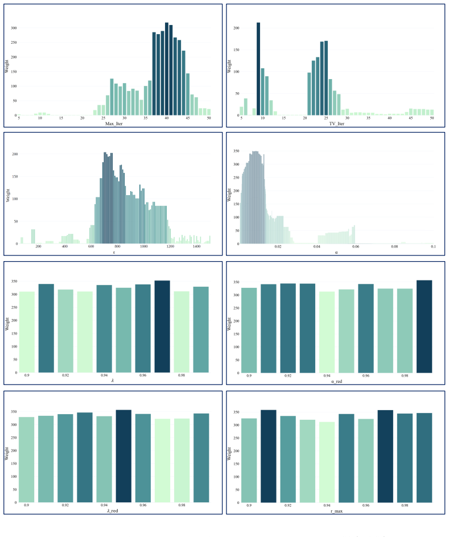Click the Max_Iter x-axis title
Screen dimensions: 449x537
point(114,123)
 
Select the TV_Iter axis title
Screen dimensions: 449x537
point(336,123)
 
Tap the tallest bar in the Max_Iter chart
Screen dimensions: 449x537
point(166,69)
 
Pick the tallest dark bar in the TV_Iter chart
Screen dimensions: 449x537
point(258,69)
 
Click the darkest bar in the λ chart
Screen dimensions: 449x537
point(162,327)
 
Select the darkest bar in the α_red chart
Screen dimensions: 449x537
point(424,327)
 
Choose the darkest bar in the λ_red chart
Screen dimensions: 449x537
point(123,456)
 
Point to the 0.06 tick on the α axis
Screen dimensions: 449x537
point(356,246)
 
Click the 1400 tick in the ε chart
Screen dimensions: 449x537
point(196,246)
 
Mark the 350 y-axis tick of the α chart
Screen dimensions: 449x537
point(236,151)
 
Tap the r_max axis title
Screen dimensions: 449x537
point(336,511)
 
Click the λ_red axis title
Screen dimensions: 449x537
point(112,511)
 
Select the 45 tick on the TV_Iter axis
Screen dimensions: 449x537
point(411,118)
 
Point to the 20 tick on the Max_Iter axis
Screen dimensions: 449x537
point(82,118)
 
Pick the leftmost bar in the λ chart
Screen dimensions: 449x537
point(27,332)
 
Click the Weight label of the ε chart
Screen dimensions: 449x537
point(8,195)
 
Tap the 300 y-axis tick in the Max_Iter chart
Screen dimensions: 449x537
point(14,28)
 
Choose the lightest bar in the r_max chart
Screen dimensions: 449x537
point(327,462)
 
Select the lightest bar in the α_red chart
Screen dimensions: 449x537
point(327,332)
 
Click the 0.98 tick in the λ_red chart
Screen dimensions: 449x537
point(182,505)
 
